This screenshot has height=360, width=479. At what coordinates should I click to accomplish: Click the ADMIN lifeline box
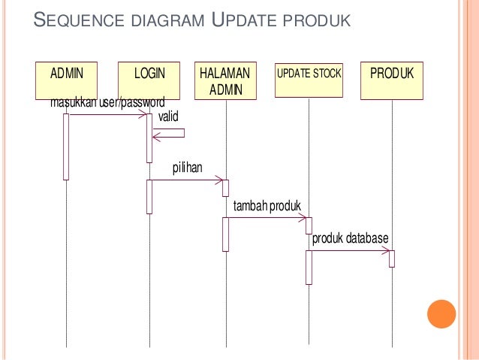66,80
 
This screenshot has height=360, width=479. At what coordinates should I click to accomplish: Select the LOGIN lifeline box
149,80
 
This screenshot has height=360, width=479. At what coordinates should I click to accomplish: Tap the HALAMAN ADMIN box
225,80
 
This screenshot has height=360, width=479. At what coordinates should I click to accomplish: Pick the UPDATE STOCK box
309,80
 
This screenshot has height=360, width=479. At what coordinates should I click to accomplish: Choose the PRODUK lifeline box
392,80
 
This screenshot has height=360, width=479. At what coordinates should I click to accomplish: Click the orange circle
441,313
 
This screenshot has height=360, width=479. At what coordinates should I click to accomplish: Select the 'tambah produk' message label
267,205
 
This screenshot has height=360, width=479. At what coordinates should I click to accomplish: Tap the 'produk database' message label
350,238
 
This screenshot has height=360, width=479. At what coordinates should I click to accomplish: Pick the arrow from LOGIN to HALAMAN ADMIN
188,180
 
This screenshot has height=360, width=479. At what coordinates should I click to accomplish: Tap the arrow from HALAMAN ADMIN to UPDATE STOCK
267,218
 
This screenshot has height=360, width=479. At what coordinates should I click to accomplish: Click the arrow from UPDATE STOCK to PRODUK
350,251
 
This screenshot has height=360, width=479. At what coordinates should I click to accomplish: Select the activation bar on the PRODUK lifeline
392,258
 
